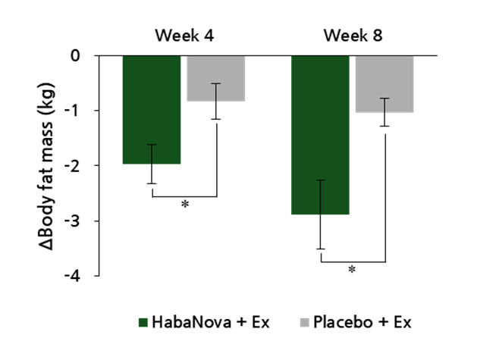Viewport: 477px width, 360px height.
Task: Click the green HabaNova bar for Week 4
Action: (x=151, y=109)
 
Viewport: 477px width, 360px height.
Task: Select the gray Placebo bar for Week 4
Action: (x=216, y=78)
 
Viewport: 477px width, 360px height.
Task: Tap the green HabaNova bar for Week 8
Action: (x=321, y=135)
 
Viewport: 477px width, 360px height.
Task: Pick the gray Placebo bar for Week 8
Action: (x=385, y=84)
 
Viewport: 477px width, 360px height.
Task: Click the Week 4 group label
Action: (x=184, y=35)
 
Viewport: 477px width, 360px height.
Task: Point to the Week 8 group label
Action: (x=353, y=35)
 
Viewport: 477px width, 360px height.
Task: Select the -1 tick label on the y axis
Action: (x=74, y=111)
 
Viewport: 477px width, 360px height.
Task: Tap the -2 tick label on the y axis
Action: (x=74, y=166)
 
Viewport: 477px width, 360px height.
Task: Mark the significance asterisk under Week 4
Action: (x=184, y=205)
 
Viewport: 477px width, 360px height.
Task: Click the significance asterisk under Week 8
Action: (x=352, y=271)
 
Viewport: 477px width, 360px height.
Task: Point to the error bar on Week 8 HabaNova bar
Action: (x=321, y=214)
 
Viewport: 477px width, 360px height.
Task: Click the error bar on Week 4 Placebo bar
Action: (x=216, y=101)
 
